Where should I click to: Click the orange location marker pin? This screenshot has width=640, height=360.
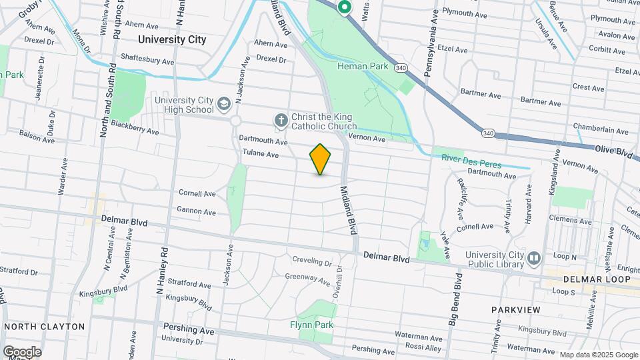(320, 159)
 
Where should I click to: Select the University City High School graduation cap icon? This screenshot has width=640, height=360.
(223, 104)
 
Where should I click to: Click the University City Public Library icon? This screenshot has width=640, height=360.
(533, 258)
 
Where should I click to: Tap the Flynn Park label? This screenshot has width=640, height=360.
(311, 325)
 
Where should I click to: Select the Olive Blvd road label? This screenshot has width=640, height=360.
(614, 153)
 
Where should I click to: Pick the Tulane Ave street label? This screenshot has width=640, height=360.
(260, 154)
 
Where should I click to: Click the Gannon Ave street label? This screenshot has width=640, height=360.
(196, 212)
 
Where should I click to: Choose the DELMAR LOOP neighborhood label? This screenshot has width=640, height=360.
(597, 279)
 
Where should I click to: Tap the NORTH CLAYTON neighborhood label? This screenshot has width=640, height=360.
(44, 327)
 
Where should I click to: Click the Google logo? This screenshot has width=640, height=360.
(22, 351)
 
